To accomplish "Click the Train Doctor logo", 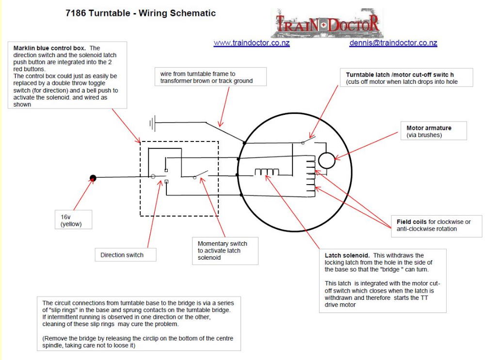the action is point(327,23).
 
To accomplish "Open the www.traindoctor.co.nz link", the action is point(252,43).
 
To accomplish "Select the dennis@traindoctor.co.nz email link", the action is point(393,43).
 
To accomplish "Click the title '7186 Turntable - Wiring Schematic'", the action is point(141,13).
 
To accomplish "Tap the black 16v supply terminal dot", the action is point(93,178).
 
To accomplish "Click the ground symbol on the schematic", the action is point(153,123).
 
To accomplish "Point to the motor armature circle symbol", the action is point(326,160).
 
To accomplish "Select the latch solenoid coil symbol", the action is point(267,172).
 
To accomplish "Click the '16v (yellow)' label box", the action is point(73,219).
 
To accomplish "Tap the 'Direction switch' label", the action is point(122,255).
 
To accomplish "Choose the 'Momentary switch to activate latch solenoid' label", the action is point(222,250).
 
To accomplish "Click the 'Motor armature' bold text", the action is point(429,128).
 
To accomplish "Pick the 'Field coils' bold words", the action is point(412,221).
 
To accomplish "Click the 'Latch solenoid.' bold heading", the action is point(347,255).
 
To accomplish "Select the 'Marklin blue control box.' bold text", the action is point(49,48).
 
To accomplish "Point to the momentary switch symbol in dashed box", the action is point(201,174).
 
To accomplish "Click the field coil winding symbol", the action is point(311,176).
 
